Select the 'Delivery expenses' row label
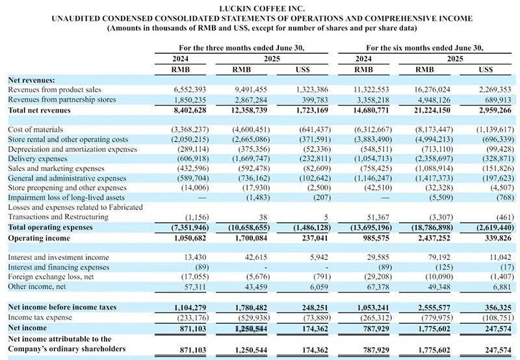click(38, 159)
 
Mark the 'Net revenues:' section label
click(31, 79)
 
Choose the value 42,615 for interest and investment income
click(250, 257)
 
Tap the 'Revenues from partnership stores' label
click(62, 100)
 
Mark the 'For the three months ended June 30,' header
click(241, 47)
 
